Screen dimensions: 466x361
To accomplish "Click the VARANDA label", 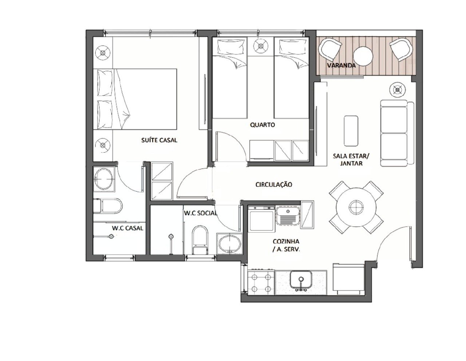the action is tap(341, 65).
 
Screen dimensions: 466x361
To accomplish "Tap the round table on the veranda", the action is tap(363, 56).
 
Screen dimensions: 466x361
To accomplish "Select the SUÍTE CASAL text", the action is tap(159, 140).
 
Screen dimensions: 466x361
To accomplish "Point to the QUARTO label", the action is tap(262, 125).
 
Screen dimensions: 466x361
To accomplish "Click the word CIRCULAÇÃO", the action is tap(274, 184).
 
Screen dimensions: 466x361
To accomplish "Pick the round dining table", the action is tap(356, 207).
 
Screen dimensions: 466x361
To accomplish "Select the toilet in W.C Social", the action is tap(200, 240).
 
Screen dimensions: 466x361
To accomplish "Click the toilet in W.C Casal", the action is tap(108, 206).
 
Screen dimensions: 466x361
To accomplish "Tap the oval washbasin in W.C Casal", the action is tap(104, 179).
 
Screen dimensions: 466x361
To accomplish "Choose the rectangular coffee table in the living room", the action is tap(351, 131).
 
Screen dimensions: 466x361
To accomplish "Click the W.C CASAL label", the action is tap(127, 228).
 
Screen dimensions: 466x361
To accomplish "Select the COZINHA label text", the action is tap(286, 241).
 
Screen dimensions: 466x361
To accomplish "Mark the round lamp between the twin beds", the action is tap(261, 46).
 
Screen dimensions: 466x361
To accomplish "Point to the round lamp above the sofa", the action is tap(398, 89).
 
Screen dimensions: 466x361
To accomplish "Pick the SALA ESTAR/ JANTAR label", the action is tap(351, 160).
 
